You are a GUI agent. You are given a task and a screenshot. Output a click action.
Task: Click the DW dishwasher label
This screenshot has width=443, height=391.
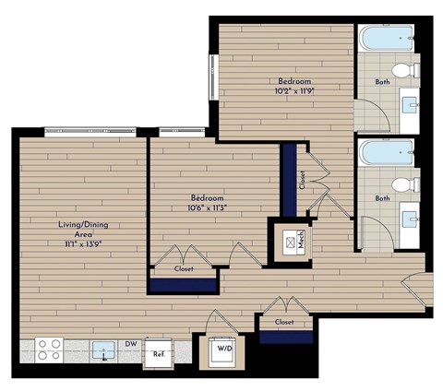(130, 344)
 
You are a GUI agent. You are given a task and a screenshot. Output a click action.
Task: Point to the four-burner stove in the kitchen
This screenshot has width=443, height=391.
(49, 350)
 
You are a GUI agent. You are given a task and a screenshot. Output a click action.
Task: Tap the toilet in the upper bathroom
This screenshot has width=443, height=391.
(403, 71)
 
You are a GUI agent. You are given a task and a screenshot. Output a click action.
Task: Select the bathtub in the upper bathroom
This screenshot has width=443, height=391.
(387, 39)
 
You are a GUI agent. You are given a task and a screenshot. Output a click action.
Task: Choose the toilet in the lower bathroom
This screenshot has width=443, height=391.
(403, 185)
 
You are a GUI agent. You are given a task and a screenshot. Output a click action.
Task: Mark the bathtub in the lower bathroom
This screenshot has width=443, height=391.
(387, 151)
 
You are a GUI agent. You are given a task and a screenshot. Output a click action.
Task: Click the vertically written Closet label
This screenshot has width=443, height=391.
(302, 177)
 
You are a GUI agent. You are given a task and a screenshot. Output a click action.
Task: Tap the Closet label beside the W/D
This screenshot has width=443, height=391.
(284, 321)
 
